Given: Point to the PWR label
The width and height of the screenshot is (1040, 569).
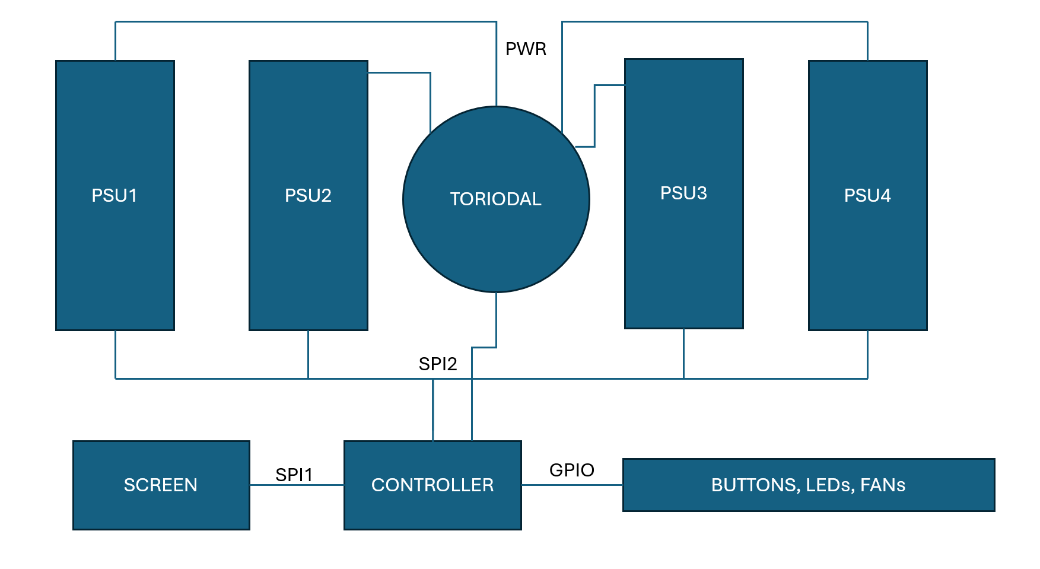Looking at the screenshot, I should pyautogui.click(x=526, y=49).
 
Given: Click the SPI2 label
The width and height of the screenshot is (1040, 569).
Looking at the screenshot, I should pyautogui.click(x=438, y=364).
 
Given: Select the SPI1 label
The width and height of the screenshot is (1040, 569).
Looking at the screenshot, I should pyautogui.click(x=294, y=475).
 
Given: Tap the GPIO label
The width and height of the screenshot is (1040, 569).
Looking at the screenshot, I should pyautogui.click(x=572, y=470).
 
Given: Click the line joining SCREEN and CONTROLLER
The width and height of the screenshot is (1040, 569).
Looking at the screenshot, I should pyautogui.click(x=297, y=485).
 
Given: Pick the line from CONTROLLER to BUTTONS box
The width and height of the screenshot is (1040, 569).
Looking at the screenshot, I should pyautogui.click(x=572, y=485).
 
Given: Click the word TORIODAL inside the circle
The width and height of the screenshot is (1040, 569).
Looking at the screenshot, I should pyautogui.click(x=496, y=199).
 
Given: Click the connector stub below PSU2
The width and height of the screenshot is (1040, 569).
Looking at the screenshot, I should pyautogui.click(x=308, y=354).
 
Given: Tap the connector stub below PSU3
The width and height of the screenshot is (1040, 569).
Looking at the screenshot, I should pyautogui.click(x=683, y=354).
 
